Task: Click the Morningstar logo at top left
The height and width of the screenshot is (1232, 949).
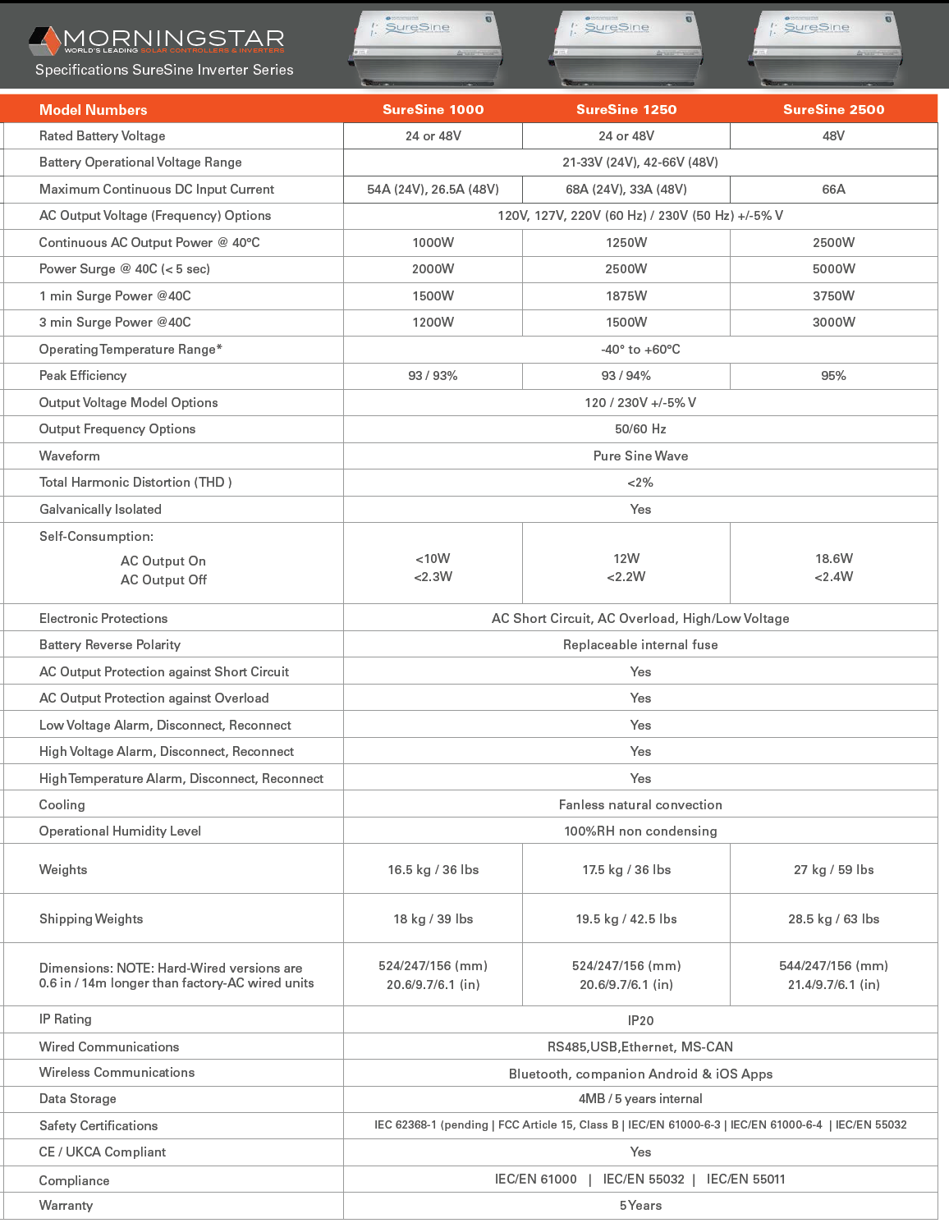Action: pos(156,39)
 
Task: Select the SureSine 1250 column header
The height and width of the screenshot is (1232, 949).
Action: pos(626,110)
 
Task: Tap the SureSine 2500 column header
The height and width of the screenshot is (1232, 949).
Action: pos(833,110)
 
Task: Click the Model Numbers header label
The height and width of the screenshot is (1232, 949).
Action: pos(94,110)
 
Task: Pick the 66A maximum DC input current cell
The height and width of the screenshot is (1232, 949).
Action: pos(833,190)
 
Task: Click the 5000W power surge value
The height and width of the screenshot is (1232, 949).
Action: pos(833,269)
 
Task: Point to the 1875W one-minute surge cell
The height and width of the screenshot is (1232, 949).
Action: pos(626,296)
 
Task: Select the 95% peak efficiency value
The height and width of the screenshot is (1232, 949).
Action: pos(833,376)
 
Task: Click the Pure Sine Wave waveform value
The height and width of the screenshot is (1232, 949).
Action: pos(640,456)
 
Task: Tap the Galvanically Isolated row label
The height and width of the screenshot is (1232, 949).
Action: pos(100,510)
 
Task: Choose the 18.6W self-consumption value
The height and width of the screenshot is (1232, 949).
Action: pos(833,559)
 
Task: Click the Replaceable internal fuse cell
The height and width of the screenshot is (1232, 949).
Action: pos(640,645)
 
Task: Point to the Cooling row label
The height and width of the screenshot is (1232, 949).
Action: pos(62,805)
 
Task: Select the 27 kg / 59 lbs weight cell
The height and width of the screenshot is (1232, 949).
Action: pos(833,870)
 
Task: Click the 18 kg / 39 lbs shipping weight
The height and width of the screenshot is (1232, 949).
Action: pos(433,919)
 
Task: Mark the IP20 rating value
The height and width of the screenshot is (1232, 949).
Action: pos(640,1021)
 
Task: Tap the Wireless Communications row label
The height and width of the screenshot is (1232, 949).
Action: pos(117,1073)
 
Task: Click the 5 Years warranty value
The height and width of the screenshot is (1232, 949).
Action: pos(640,1206)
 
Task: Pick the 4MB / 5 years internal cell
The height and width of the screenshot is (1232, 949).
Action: pos(640,1099)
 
